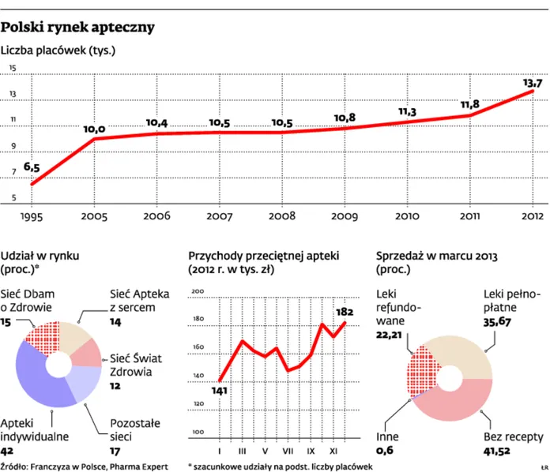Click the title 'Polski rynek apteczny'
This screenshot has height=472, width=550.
[77, 28]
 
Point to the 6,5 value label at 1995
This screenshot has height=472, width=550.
[32, 167]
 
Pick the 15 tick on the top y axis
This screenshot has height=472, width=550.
[13, 69]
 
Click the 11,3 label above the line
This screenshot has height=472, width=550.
[407, 112]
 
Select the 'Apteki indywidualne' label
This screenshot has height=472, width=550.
[35, 429]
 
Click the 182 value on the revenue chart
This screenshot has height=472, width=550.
[345, 311]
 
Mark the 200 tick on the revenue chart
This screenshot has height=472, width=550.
[198, 292]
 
